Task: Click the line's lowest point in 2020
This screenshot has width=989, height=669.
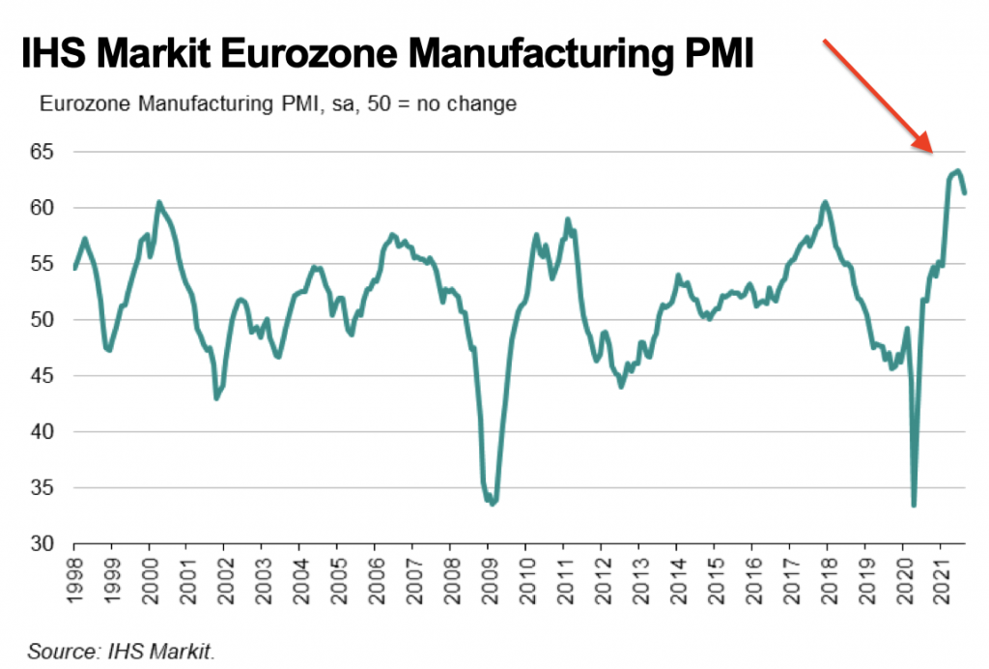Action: (x=914, y=505)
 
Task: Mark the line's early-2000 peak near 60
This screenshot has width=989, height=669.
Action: (x=159, y=202)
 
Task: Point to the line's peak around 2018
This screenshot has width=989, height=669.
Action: (x=825, y=202)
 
